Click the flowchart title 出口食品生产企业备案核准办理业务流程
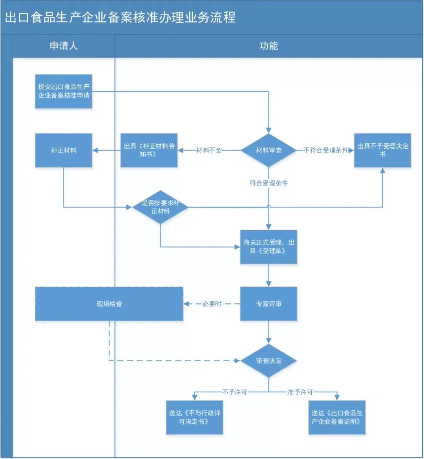click(120, 18)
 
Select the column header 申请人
click(64, 46)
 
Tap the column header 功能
click(269, 46)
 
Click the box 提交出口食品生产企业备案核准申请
click(64, 91)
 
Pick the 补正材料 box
click(64, 150)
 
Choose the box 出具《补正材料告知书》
click(149, 150)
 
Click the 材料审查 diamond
click(269, 150)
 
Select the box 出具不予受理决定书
click(382, 150)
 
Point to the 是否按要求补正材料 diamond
click(160, 207)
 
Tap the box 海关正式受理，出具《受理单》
click(269, 247)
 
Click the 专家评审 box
click(269, 304)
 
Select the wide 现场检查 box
click(109, 304)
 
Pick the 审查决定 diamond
click(269, 361)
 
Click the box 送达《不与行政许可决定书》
click(195, 417)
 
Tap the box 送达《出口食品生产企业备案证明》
click(337, 417)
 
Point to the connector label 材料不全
click(209, 150)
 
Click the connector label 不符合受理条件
click(326, 150)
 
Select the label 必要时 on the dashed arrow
click(212, 304)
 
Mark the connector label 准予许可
click(300, 392)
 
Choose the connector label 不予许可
click(235, 392)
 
